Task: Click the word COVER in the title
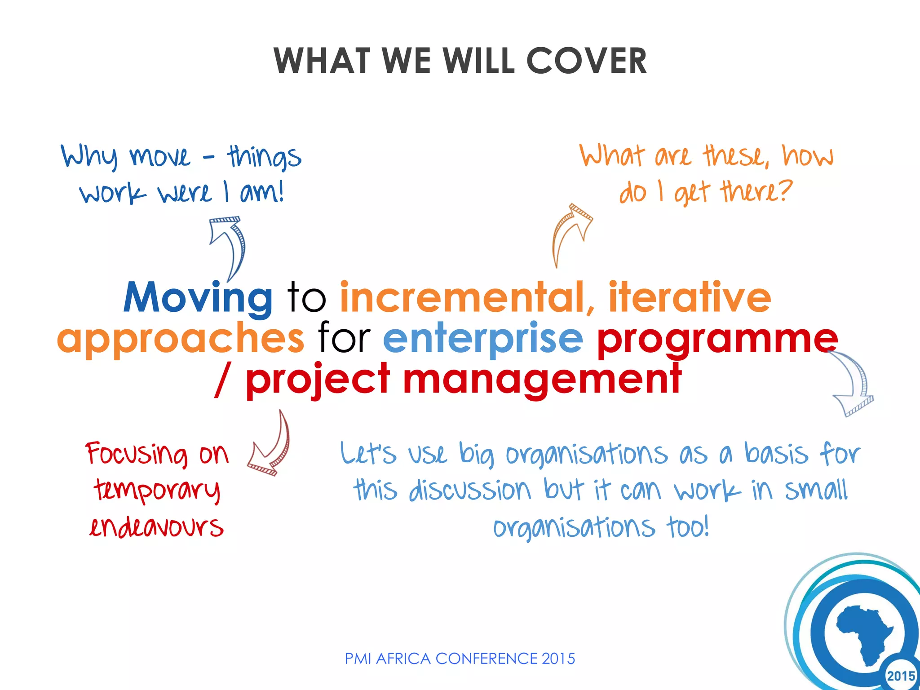[x=586, y=61]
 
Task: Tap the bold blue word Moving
[x=198, y=298]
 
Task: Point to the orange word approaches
[x=181, y=339]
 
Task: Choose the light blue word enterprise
[x=483, y=339]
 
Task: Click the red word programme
[x=717, y=339]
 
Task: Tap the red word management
[x=542, y=380]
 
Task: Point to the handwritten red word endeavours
[x=156, y=526]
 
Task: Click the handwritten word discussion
[x=470, y=490]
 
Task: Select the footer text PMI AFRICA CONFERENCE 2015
[x=460, y=659]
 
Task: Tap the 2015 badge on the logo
[x=900, y=676]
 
